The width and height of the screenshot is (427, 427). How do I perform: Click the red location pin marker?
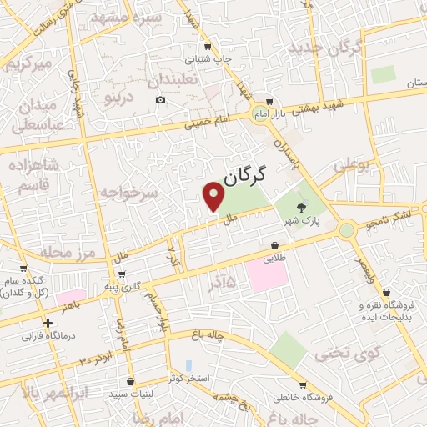coord(214,197)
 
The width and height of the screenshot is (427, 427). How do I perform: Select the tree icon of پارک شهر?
coord(300,206)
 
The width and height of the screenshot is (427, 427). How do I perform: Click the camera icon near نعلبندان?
coord(160,100)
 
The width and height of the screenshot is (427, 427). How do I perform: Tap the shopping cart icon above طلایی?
coord(274,246)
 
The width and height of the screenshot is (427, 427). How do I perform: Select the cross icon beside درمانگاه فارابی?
coord(48,323)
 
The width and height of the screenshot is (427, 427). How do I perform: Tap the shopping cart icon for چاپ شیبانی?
coord(208,48)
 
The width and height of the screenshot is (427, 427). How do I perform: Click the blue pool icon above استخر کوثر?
coord(189,365)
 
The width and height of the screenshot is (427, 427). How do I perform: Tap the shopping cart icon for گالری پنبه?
coord(123,274)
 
